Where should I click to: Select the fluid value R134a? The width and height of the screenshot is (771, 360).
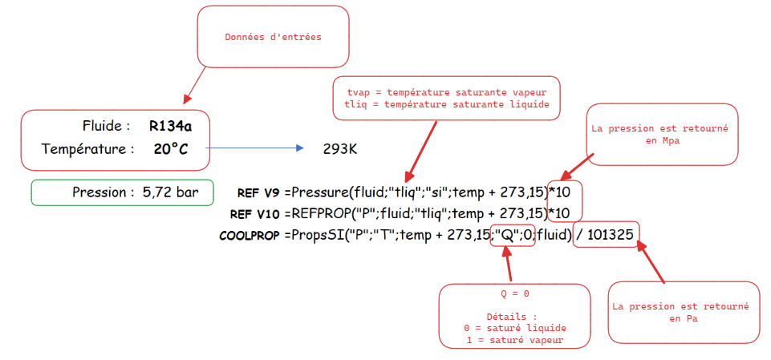point(170,126)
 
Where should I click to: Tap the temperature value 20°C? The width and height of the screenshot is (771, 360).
point(170,148)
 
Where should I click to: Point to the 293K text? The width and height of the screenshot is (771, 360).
point(339,149)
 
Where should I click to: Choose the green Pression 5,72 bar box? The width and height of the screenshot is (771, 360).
point(122,192)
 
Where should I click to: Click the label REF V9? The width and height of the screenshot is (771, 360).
point(258,193)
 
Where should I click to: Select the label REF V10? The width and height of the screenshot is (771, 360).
point(254,214)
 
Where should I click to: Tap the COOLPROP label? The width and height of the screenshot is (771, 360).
point(249,236)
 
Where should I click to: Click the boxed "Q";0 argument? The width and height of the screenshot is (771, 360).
point(512,235)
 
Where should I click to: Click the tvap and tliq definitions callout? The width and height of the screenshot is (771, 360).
point(446,98)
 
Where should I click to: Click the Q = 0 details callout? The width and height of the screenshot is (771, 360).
point(513,317)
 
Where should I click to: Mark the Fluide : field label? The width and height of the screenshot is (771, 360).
point(106,126)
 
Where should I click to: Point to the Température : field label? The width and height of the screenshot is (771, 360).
point(87,148)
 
